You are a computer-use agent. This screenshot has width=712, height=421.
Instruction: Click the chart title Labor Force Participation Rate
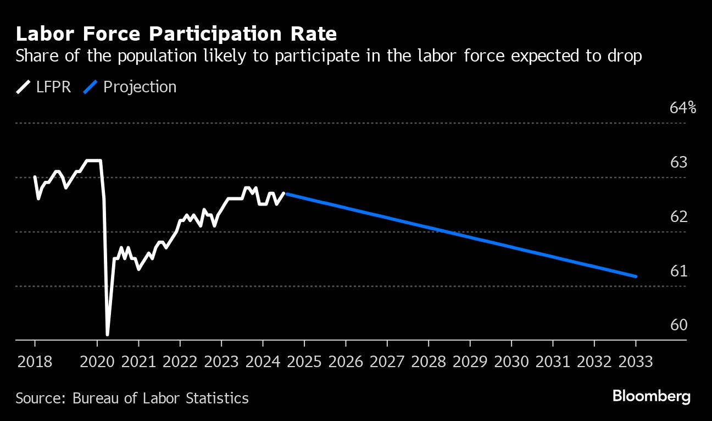176,34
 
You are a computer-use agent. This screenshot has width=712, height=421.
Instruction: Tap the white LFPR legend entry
44,87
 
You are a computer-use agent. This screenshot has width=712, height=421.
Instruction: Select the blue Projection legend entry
130,87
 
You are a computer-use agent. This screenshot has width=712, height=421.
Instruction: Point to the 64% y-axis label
683,108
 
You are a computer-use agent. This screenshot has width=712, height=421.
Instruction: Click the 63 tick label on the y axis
680,163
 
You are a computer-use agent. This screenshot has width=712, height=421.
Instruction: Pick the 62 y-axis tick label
680,217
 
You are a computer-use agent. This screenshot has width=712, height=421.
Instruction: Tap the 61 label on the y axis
680,271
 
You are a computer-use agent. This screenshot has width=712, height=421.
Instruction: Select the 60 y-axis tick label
680,325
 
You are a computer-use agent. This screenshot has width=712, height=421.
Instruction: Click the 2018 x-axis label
35,362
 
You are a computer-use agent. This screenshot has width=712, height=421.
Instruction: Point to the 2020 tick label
97,362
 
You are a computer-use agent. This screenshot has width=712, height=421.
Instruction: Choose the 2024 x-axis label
263,362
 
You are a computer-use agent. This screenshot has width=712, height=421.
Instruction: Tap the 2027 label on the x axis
387,362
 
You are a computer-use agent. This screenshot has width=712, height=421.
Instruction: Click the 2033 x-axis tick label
636,362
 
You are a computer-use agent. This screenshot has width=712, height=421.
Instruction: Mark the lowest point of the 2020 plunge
107,334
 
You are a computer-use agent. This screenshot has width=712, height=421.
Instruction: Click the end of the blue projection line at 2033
636,276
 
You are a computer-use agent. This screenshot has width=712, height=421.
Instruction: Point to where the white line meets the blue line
285,193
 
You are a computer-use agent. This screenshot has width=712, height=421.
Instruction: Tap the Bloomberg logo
652,397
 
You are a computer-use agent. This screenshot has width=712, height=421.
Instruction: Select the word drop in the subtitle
626,56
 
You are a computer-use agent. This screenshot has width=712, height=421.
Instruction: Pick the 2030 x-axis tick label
511,362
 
